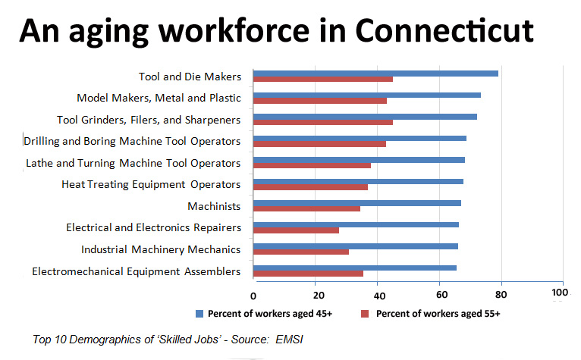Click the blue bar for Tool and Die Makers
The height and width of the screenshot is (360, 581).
pyautogui.click(x=375, y=74)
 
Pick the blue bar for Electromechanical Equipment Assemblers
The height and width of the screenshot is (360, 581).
pyautogui.click(x=354, y=268)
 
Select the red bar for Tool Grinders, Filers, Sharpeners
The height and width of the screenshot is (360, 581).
pyautogui.click(x=322, y=122)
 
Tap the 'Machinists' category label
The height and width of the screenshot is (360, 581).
pyautogui.click(x=214, y=206)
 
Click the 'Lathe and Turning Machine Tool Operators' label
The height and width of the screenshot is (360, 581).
pyautogui.click(x=133, y=163)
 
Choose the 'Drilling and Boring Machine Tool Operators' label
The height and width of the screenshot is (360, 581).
pyautogui.click(x=132, y=141)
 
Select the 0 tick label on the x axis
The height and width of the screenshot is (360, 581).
pyautogui.click(x=253, y=294)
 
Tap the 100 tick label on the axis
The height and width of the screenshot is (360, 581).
pyautogui.click(x=561, y=293)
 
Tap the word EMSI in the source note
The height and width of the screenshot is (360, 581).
pyautogui.click(x=290, y=340)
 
